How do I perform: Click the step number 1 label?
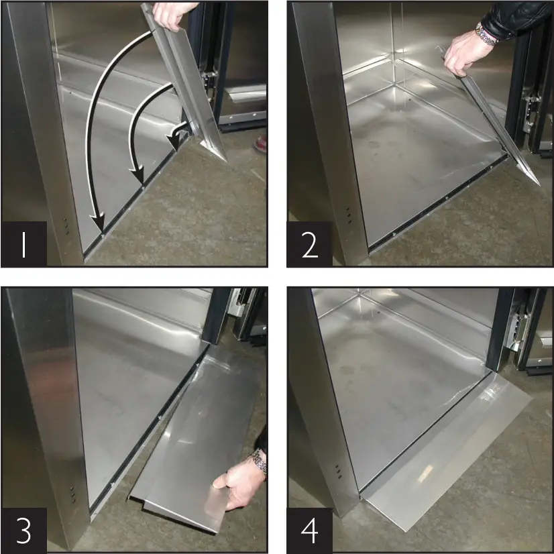coord(23,243)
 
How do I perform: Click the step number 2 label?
coord(309,243)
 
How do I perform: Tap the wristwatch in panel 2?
coord(486,34)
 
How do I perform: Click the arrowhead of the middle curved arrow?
coord(140,179)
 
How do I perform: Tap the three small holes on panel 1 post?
coord(65,225)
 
